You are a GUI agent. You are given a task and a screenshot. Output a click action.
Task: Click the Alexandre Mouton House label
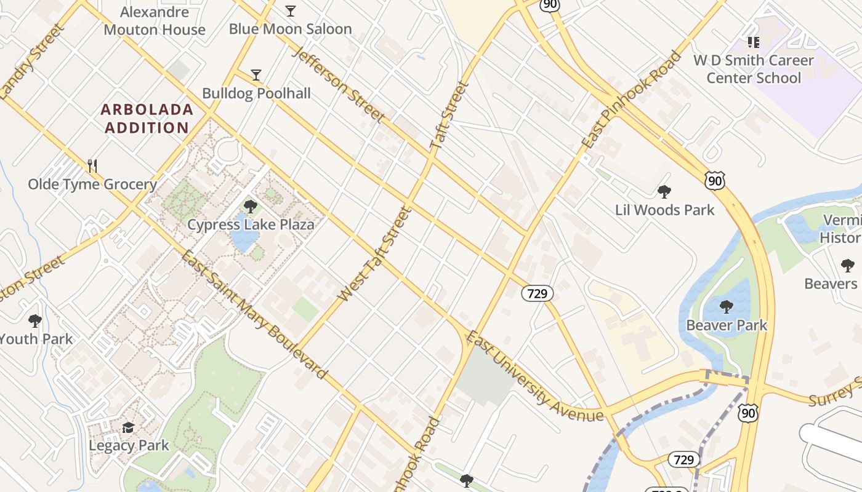tap(155, 21)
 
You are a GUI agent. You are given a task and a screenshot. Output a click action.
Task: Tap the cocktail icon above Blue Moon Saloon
tap(291, 10)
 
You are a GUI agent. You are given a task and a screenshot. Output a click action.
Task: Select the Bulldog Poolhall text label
tap(257, 93)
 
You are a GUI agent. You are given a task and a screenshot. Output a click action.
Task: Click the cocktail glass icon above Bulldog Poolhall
tap(256, 75)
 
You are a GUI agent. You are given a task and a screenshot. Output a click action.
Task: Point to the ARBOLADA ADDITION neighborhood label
tap(147, 119)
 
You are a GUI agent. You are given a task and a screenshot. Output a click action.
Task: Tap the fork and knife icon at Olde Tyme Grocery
tap(92, 165)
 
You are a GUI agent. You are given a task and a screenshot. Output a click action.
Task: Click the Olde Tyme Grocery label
tap(92, 184)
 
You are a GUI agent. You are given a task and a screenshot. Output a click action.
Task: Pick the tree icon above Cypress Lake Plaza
tap(250, 206)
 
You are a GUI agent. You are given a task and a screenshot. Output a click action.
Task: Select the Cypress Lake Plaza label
tap(251, 224)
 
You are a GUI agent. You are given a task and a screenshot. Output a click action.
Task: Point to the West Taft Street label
tap(374, 254)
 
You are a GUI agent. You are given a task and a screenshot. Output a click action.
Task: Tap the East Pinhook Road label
tap(632, 100)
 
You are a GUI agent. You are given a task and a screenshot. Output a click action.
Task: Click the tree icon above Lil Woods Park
tap(664, 192)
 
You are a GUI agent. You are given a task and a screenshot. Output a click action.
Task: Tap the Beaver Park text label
tap(727, 325)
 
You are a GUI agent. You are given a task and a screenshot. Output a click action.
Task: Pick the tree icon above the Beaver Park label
tap(727, 306)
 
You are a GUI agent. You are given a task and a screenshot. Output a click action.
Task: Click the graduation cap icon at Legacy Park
tap(128, 427)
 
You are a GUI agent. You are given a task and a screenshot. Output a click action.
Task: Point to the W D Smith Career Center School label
tap(754, 69)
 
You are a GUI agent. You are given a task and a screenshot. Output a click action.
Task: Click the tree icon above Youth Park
tap(35, 320)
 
